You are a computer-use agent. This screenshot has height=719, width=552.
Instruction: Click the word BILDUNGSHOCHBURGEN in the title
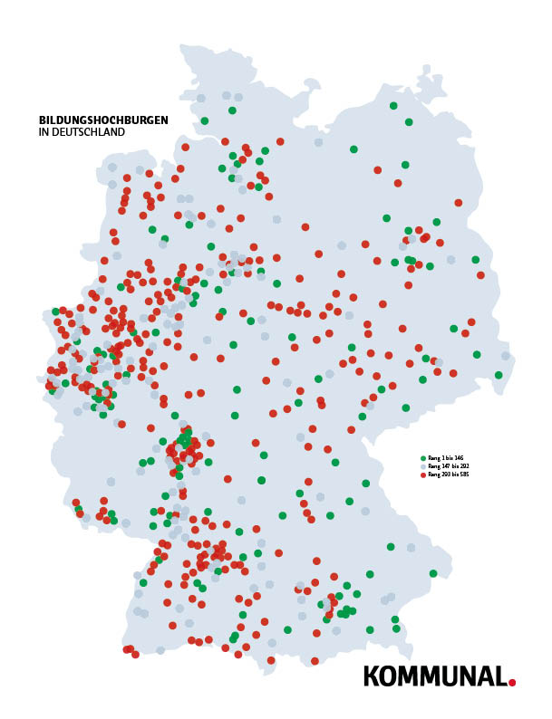click(103, 120)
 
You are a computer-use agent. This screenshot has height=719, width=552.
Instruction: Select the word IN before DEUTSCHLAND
click(44, 132)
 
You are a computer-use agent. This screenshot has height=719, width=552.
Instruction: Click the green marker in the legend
click(423, 458)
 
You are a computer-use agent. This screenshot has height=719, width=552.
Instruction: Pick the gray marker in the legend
click(423, 466)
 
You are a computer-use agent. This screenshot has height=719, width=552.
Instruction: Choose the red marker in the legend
click(423, 475)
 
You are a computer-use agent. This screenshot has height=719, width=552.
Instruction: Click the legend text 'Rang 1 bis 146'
click(446, 458)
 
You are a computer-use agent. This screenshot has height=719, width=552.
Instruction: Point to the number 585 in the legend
click(463, 475)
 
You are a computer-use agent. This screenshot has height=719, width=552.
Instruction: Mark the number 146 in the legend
click(459, 458)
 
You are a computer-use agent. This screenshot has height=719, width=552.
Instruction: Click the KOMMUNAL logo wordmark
click(434, 676)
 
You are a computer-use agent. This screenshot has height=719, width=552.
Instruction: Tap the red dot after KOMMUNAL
click(512, 682)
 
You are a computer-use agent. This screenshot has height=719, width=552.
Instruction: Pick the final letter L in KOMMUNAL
click(500, 676)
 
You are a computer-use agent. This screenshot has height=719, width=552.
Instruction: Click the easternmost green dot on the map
click(499, 375)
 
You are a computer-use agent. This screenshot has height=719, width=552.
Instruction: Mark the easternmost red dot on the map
click(480, 275)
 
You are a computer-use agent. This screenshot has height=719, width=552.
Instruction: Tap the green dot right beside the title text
click(205, 120)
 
